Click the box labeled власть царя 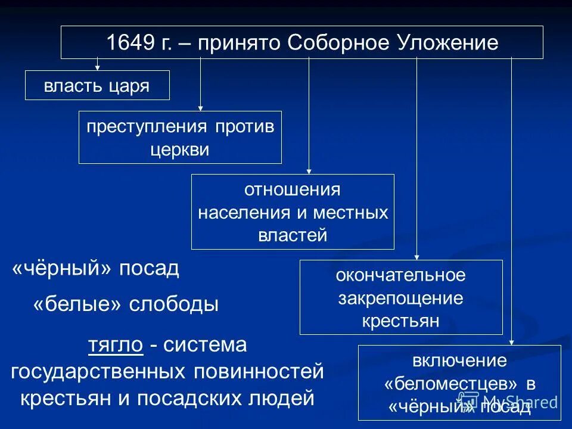(97, 85)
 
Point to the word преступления (147, 128)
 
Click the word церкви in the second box (180, 149)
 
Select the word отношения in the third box (292, 191)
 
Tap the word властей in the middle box (293, 235)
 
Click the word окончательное (400, 276)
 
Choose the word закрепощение (400, 298)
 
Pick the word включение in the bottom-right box (459, 361)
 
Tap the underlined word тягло (116, 345)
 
